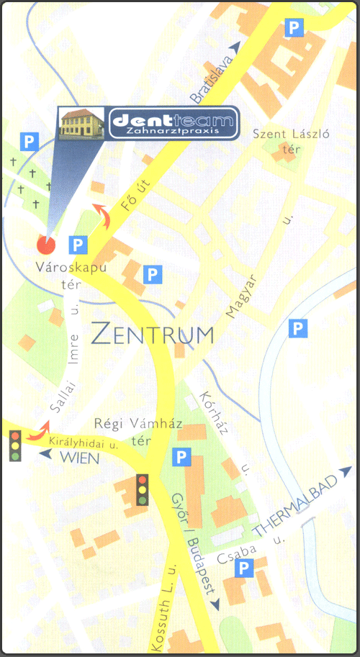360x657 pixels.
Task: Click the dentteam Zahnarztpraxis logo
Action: click(x=173, y=123)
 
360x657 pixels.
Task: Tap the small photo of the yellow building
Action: click(x=82, y=123)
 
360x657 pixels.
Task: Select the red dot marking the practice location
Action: click(x=46, y=245)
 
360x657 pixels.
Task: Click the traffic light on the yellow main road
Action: click(x=143, y=489)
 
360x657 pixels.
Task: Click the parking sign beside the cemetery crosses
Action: click(x=29, y=141)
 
